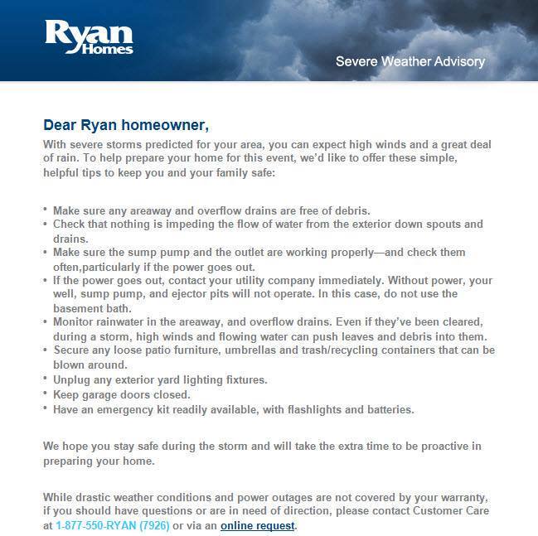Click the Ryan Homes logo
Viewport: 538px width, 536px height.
pos(90,37)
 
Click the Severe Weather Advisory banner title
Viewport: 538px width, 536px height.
pos(410,61)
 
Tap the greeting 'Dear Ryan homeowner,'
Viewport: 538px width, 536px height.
pos(127,126)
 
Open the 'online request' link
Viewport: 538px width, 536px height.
pos(257,525)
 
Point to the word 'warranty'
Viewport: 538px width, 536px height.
pos(460,497)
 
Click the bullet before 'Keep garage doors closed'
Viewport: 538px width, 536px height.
pos(46,394)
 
